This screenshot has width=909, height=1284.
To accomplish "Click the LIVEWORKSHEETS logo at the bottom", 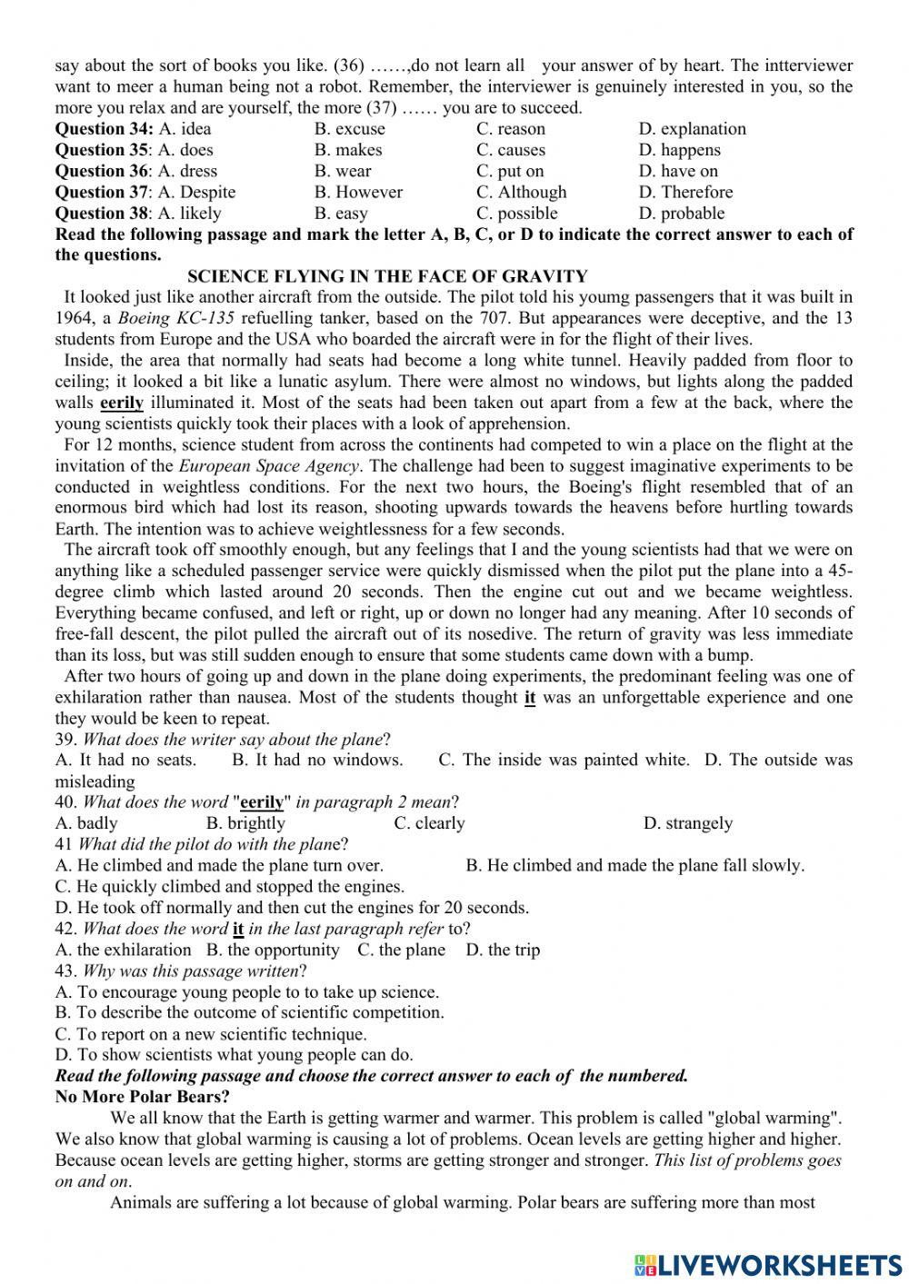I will tap(768, 1263).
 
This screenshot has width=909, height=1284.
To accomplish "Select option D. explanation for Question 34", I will tap(692, 129).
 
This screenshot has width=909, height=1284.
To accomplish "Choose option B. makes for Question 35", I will tap(348, 150).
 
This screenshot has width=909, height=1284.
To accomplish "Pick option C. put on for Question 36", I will tap(510, 171).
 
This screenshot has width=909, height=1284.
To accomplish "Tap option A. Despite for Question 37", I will tap(196, 192).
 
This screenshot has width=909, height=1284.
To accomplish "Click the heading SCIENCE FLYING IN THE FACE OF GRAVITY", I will tap(387, 276).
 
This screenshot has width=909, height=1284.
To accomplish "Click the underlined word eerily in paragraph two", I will tap(122, 403).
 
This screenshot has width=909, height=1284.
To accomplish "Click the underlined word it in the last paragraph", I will tap(530, 698).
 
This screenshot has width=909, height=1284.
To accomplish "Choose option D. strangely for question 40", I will tap(687, 823).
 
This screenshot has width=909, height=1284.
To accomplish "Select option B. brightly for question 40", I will tap(245, 823).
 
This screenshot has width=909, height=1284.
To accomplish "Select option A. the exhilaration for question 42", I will tap(123, 950).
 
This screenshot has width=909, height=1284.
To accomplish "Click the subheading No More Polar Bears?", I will tap(142, 1097).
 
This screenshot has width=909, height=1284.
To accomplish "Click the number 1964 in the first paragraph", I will tap(74, 318).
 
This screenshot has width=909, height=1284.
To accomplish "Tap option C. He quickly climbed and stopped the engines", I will tap(230, 886).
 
